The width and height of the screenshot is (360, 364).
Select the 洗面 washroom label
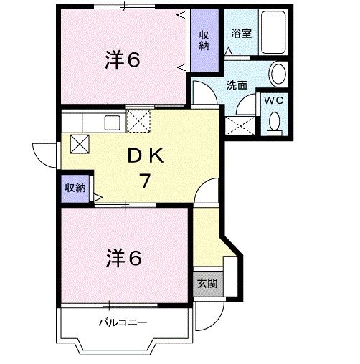(x=237, y=85)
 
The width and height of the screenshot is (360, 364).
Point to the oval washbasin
(x=278, y=73)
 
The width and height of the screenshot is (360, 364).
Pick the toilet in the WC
(x=273, y=125)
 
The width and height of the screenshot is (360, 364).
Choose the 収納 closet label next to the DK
(x=75, y=188)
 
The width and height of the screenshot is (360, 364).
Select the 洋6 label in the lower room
(x=124, y=257)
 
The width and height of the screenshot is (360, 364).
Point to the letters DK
(x=148, y=155)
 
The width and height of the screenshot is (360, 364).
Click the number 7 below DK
(x=145, y=181)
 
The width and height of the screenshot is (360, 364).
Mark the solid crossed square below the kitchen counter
(x=78, y=143)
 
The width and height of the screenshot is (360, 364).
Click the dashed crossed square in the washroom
(x=240, y=128)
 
